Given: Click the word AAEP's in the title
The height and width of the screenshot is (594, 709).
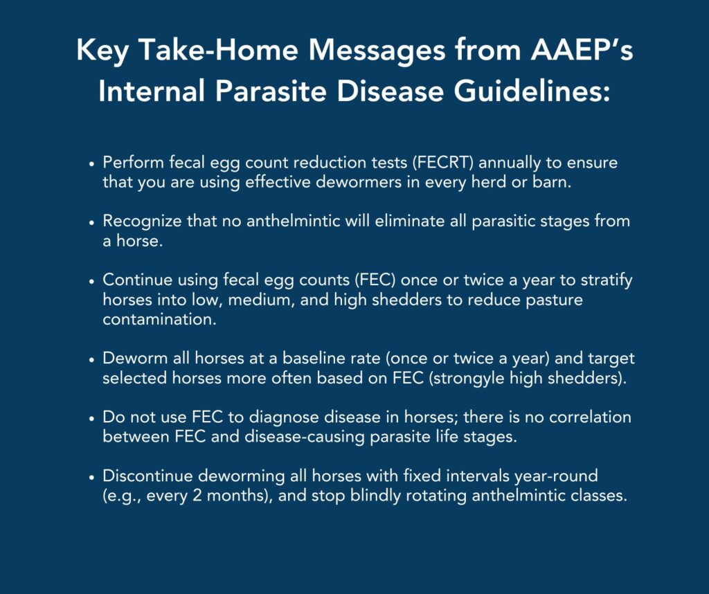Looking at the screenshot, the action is tap(582, 49).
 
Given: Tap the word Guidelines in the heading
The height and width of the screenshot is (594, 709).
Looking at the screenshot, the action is tap(531, 91).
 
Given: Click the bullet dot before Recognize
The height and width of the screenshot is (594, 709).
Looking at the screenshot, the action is tap(92, 223).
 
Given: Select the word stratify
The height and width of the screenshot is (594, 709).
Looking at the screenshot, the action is tap(607, 280).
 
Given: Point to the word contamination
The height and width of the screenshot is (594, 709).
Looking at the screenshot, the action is tap(160, 319).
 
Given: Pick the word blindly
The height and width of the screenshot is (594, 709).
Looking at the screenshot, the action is tap(376, 496).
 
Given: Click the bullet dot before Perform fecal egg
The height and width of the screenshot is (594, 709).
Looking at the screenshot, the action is tap(92, 164).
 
